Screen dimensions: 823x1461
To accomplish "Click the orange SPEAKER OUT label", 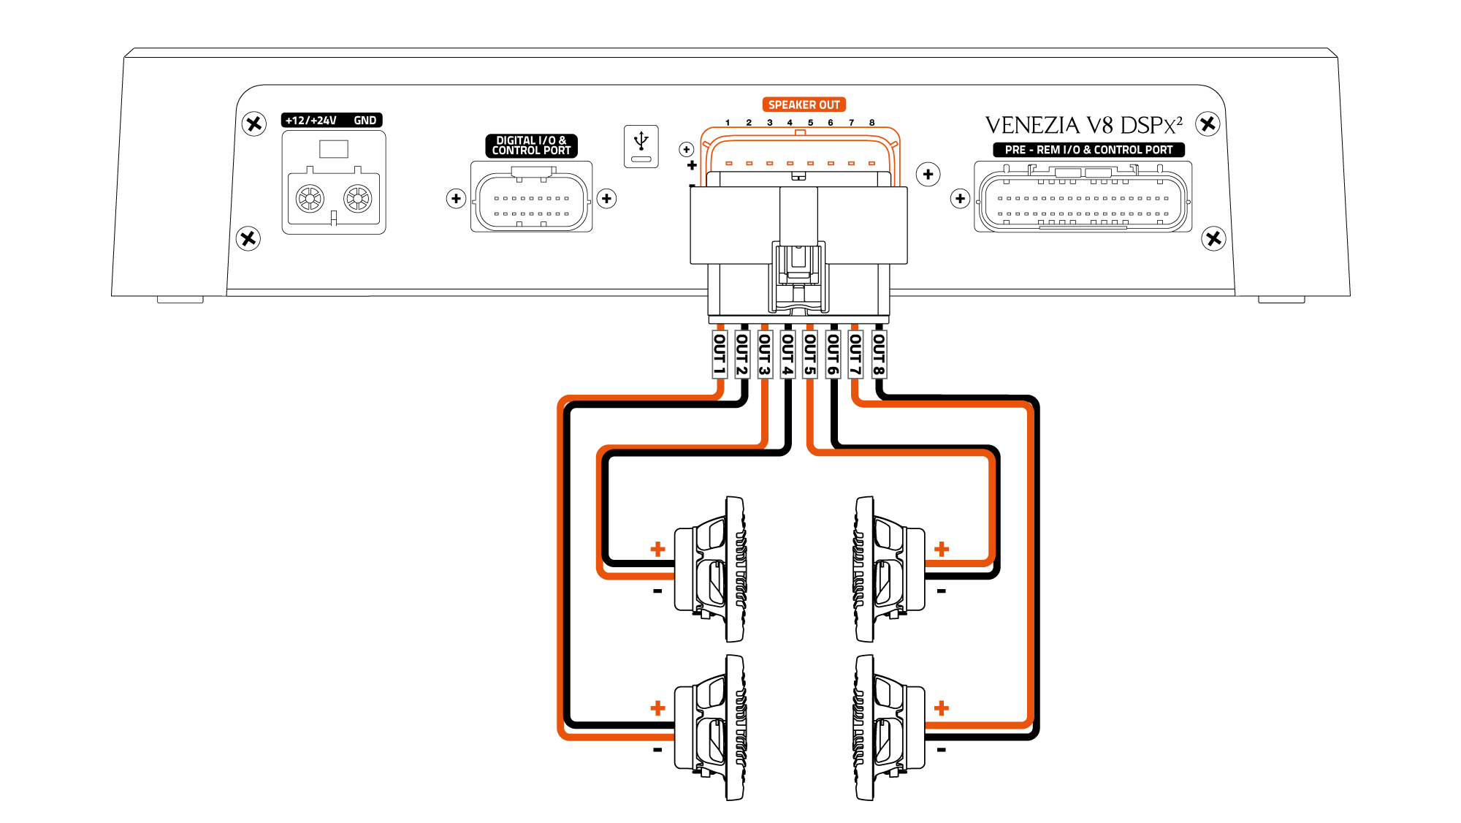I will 804,105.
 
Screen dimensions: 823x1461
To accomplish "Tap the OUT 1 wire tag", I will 720,354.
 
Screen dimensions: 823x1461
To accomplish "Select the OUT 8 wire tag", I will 879,354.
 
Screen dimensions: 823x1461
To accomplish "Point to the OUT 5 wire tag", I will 810,354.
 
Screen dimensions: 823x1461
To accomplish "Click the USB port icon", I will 641,146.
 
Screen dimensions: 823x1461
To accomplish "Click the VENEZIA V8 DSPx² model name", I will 1083,126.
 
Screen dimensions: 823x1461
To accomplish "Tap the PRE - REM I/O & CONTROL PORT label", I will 1088,150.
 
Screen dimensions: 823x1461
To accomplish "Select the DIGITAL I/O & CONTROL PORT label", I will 531,145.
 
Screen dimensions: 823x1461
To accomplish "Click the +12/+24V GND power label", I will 332,120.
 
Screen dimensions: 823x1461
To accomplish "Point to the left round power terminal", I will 310,198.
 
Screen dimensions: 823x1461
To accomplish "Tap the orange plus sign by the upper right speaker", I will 942,549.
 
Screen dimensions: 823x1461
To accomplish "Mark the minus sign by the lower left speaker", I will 657,750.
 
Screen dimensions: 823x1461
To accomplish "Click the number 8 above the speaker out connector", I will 871,123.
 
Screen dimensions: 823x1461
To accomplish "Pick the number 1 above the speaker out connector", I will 728,123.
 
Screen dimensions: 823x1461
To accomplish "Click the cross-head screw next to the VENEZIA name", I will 1208,124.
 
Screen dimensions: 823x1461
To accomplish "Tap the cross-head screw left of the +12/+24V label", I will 253,124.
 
